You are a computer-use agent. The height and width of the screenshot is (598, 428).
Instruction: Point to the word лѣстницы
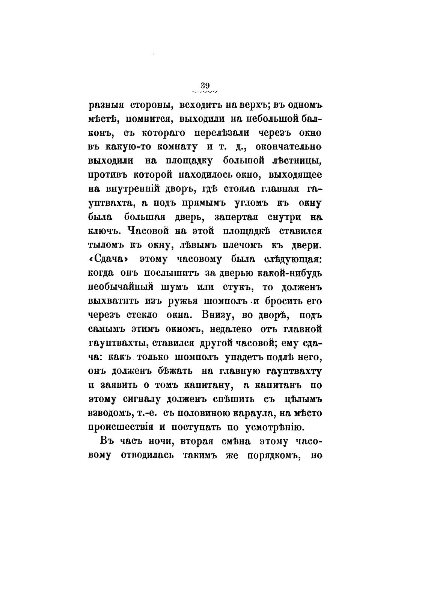(x=296, y=161)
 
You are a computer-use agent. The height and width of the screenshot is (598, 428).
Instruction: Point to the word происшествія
(x=122, y=427)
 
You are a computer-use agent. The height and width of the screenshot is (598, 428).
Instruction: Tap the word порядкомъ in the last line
(x=265, y=455)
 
